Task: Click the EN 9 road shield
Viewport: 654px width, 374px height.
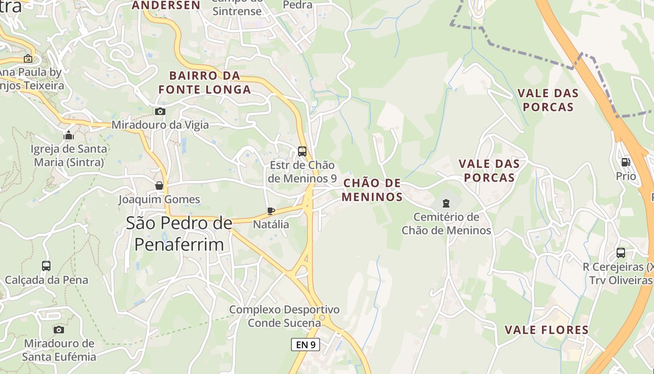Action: [306, 345]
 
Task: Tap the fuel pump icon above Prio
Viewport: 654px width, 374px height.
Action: [626, 162]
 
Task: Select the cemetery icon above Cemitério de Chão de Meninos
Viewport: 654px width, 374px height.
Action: [446, 203]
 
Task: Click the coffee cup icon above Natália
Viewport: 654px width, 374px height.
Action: [270, 211]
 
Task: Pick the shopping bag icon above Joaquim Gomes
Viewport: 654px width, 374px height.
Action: [159, 186]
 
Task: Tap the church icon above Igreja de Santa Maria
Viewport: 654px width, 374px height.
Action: [69, 136]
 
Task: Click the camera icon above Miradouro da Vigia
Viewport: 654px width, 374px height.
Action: [160, 111]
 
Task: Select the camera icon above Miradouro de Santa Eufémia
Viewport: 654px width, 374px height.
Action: [59, 330]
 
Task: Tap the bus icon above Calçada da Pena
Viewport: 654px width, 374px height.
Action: [46, 266]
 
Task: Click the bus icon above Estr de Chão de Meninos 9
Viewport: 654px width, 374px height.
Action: [302, 151]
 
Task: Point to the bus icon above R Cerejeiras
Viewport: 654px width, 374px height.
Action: [620, 253]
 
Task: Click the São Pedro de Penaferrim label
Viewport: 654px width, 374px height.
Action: [179, 234]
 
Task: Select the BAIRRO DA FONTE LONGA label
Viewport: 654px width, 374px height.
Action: [204, 82]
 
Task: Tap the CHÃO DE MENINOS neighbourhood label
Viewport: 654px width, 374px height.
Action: [372, 189]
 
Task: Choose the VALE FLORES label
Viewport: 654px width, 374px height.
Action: [547, 330]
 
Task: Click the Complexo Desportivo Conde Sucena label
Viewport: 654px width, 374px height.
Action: [284, 316]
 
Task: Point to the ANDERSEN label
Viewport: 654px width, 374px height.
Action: [166, 5]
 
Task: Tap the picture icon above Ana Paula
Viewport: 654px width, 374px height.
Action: [28, 59]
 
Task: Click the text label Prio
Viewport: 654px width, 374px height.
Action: [626, 176]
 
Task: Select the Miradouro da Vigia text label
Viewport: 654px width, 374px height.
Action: [160, 125]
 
